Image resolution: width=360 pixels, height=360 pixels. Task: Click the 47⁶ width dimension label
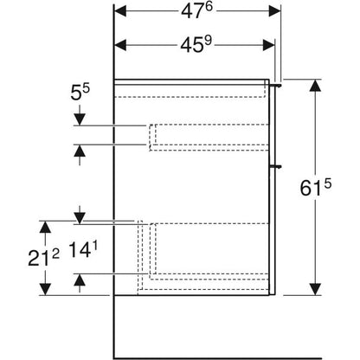point(196,11)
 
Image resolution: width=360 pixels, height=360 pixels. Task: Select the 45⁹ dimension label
point(196,44)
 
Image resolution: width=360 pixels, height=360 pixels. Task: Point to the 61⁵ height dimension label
point(316,188)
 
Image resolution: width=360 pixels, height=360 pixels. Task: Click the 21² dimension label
point(43,257)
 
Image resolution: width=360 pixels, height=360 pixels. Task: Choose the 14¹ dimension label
point(83,249)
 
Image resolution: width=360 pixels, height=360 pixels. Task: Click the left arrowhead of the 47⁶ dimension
point(120,11)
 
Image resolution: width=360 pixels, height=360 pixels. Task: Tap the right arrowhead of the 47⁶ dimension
point(274,11)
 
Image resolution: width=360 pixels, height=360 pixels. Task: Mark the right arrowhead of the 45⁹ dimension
point(268,45)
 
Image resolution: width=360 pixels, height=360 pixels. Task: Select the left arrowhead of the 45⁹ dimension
point(120,45)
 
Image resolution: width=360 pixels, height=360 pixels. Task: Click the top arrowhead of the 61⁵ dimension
point(316,86)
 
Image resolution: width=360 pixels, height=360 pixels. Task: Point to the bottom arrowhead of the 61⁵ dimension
point(316,289)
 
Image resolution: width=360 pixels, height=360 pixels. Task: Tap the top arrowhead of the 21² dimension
point(45,227)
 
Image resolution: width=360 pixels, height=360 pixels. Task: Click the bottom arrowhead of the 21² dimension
point(45,289)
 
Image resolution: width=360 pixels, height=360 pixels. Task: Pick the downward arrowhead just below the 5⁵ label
point(80,119)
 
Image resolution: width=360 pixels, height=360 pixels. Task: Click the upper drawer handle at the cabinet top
point(275,86)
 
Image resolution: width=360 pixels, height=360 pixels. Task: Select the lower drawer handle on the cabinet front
point(275,166)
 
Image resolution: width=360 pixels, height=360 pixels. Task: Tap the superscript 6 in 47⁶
point(209,7)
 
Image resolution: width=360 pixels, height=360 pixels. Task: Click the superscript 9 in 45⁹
point(209,41)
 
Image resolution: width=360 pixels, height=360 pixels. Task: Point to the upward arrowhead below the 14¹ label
point(80,280)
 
